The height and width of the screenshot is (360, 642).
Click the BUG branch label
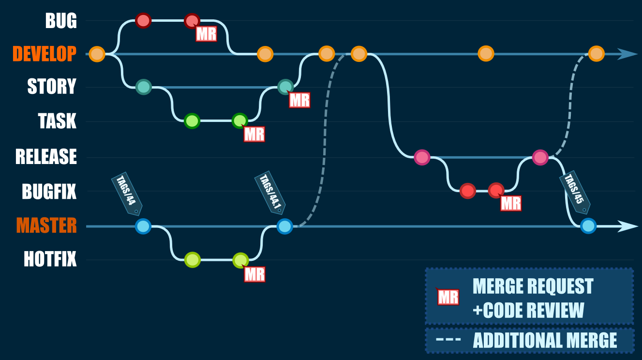[60, 21]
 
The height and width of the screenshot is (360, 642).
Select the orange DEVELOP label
[45, 54]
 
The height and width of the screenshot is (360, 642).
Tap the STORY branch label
[52, 87]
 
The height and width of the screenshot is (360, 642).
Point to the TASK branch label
[57, 121]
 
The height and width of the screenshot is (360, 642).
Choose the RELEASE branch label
[46, 157]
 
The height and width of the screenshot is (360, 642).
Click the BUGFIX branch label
[49, 192]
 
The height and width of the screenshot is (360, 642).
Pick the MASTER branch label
[46, 225]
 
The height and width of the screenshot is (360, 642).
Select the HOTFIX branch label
[50, 259]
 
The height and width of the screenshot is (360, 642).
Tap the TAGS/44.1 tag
[269, 193]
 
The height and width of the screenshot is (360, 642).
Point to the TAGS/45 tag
[575, 193]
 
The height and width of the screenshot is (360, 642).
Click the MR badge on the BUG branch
[206, 34]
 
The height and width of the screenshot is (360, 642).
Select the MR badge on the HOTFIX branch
[254, 274]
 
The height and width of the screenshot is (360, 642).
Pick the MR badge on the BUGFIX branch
[511, 204]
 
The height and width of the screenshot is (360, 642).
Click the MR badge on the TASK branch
[254, 134]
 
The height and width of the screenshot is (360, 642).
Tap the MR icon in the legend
[448, 297]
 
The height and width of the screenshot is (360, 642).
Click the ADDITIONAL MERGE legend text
[545, 341]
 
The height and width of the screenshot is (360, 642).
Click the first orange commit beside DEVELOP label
[97, 54]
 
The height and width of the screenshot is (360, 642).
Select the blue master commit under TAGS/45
[588, 226]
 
